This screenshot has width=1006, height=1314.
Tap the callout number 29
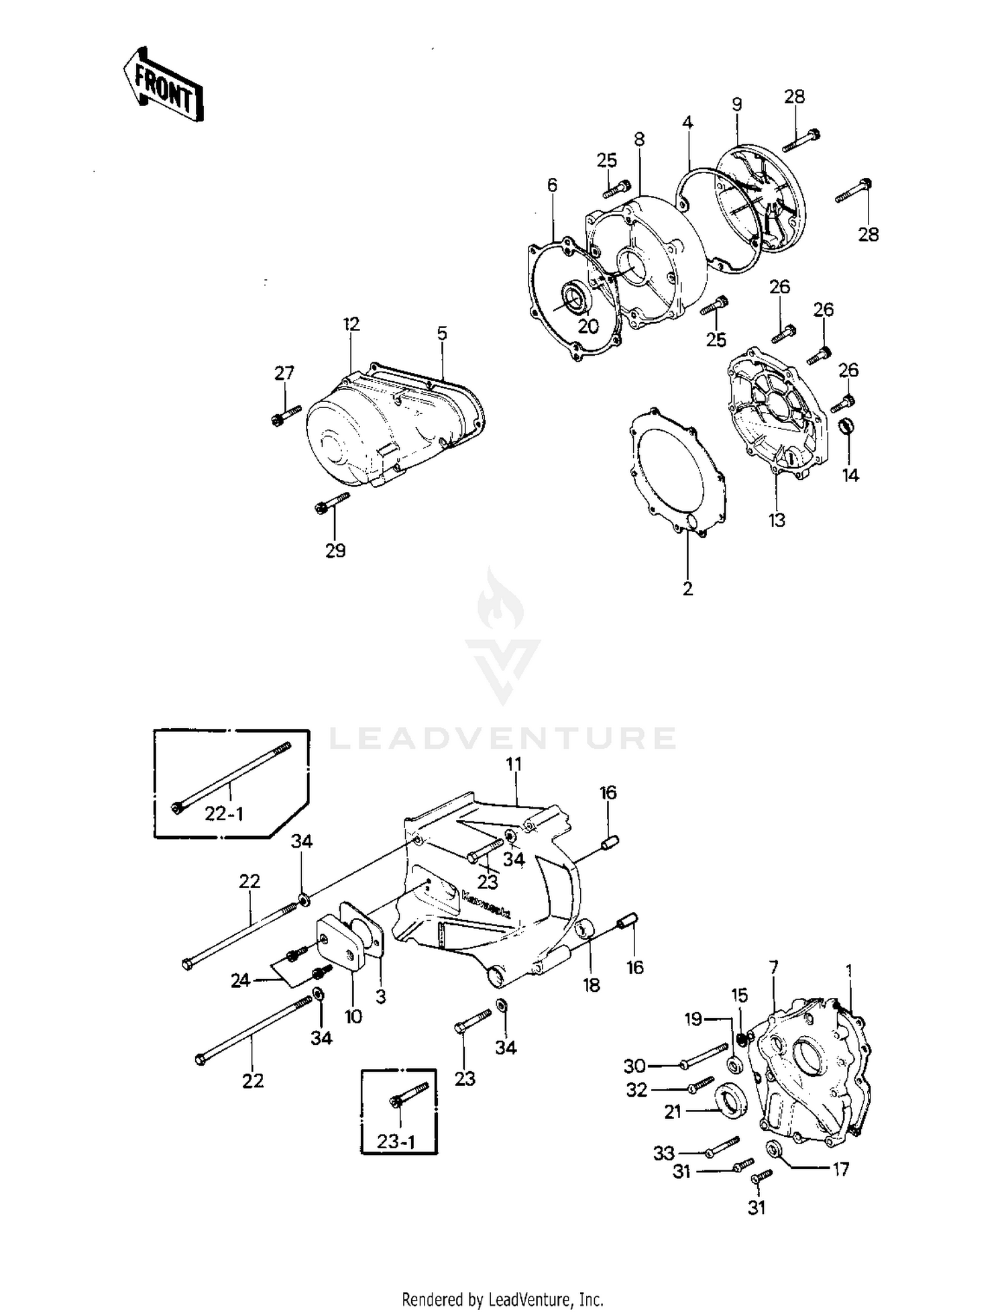(335, 551)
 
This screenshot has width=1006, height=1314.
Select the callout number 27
(284, 373)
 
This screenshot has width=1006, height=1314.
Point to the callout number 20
(588, 326)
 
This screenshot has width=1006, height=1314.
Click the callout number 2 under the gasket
(687, 589)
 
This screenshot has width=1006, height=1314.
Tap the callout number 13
(777, 520)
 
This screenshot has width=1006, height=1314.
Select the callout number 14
(850, 476)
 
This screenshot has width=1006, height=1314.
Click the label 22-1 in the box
(224, 814)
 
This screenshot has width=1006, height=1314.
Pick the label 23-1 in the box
(396, 1142)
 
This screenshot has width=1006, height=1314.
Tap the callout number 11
(514, 764)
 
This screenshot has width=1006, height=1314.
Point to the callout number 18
(591, 985)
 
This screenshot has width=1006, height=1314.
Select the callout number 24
(240, 980)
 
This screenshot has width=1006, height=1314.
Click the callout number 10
(353, 1016)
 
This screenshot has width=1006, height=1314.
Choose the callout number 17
(840, 1169)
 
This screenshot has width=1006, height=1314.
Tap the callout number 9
(737, 105)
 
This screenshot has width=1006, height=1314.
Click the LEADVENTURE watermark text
(503, 738)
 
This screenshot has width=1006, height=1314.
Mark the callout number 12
(351, 324)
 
